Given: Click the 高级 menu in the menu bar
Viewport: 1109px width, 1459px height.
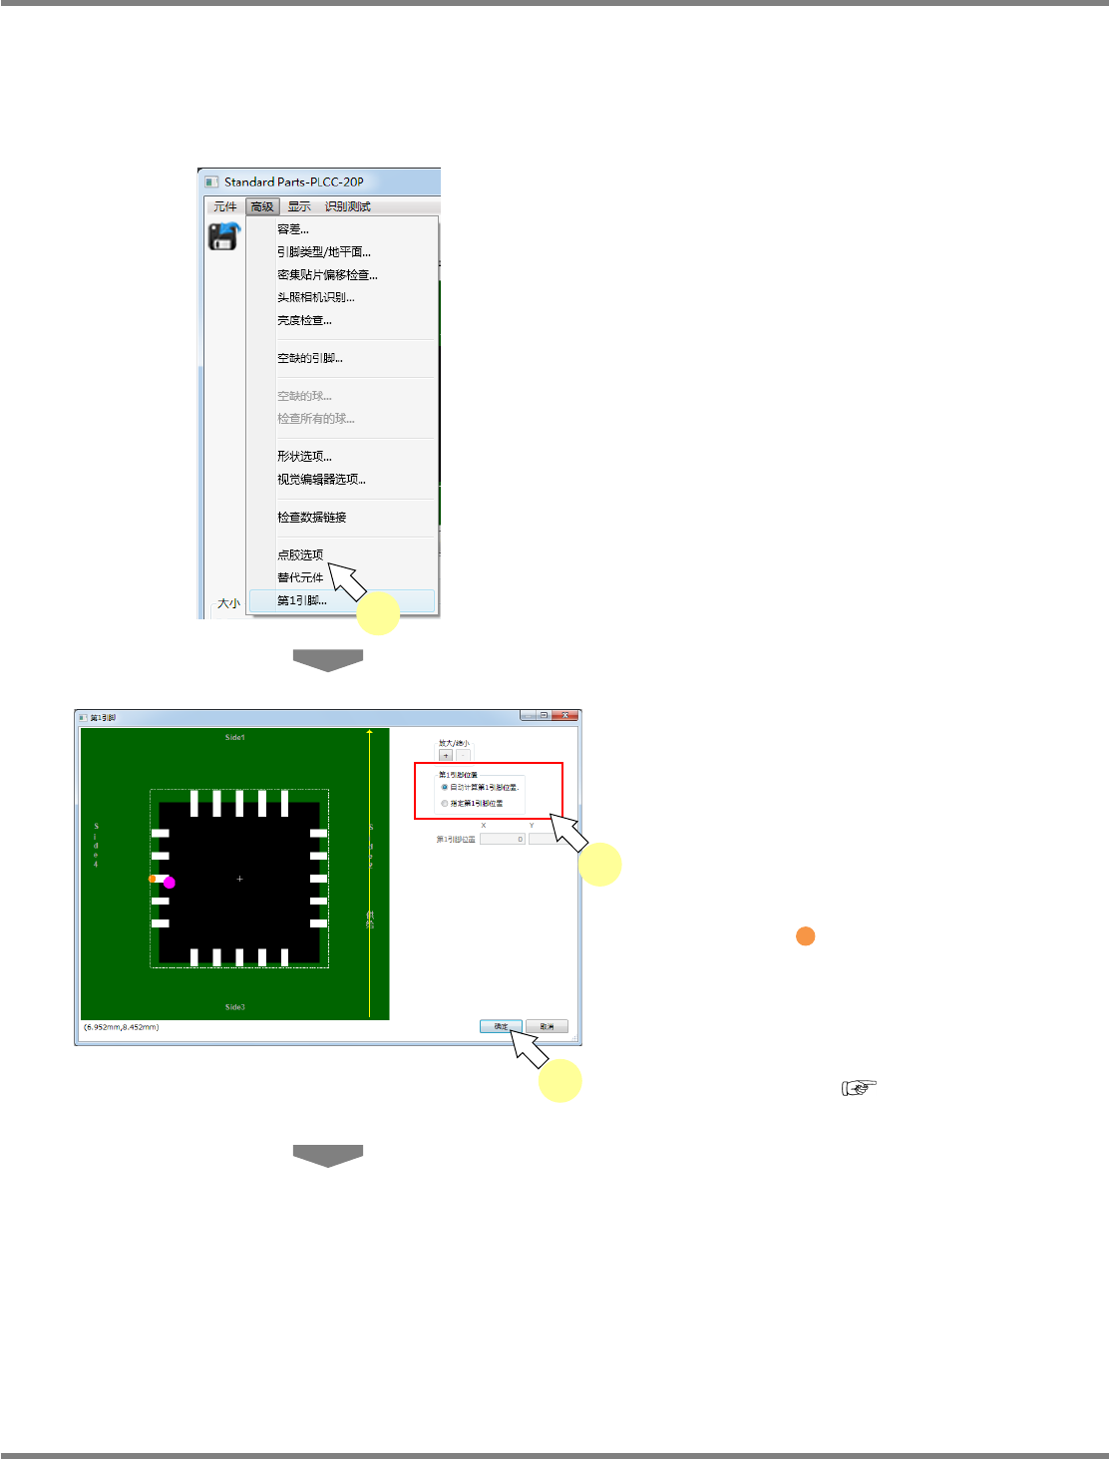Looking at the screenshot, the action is click(262, 206).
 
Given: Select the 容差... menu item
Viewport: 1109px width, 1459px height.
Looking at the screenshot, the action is click(292, 229).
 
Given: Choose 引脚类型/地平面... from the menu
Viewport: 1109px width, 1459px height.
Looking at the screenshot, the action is click(323, 252).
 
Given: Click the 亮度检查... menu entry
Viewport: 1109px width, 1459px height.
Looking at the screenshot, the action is click(304, 320).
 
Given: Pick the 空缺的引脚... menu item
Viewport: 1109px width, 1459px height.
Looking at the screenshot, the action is click(309, 358).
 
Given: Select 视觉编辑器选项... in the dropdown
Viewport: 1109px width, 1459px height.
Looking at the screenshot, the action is click(321, 480).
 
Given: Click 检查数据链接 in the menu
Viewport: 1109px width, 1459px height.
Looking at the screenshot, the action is click(311, 518).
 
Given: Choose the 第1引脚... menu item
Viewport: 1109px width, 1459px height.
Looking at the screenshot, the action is click(301, 600).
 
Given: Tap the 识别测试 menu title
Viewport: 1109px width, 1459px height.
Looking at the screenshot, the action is click(347, 206).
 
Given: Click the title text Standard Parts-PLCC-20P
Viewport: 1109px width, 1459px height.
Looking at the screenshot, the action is click(293, 182).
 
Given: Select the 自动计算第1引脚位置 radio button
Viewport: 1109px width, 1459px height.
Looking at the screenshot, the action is click(445, 787).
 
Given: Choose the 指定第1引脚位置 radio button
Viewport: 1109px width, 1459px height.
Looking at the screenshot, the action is click(445, 803).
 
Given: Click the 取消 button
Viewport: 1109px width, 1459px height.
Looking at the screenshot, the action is click(547, 1026).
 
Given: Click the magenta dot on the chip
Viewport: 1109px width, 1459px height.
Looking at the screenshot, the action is click(170, 883).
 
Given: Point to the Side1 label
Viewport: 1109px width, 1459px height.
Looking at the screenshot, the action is click(234, 737).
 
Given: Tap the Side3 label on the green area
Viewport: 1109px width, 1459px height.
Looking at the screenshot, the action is click(234, 1007).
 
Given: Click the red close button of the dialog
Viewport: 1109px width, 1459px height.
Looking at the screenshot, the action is click(565, 715).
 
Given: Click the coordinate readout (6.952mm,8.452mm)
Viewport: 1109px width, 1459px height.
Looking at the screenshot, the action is click(121, 1027).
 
